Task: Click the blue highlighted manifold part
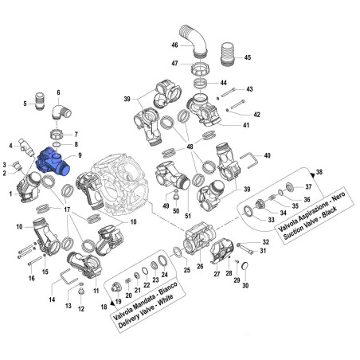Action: click(53, 162)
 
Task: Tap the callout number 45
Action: click(247, 57)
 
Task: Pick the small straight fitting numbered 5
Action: click(41, 104)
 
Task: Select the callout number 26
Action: click(200, 267)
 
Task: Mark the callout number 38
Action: click(319, 172)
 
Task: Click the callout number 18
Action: click(104, 305)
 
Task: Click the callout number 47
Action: click(174, 62)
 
